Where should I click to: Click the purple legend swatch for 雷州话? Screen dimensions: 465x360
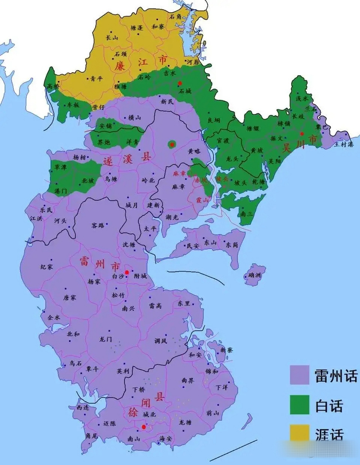click(x=299, y=375)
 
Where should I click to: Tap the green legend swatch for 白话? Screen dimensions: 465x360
click(x=299, y=405)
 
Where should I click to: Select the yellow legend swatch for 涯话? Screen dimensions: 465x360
click(x=299, y=433)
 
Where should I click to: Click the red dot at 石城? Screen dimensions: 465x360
click(x=180, y=83)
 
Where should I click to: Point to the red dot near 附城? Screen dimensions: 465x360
click(x=127, y=272)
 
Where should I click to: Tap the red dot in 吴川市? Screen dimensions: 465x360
click(x=302, y=134)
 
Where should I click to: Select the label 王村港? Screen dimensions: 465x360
click(x=344, y=144)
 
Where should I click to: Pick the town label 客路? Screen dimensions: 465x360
click(x=98, y=225)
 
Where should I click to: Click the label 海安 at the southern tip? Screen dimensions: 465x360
click(x=165, y=439)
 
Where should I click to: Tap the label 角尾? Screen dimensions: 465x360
click(x=91, y=436)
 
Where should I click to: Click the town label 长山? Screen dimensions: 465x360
click(x=112, y=37)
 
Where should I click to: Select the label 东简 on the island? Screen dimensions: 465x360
click(x=231, y=245)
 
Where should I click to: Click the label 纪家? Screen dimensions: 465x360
click(x=47, y=267)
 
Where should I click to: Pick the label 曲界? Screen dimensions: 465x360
click(x=188, y=380)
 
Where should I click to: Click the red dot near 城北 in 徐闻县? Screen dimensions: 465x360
click(x=144, y=427)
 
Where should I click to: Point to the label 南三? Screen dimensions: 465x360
click(x=246, y=214)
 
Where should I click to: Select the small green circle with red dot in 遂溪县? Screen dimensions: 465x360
click(x=171, y=145)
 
